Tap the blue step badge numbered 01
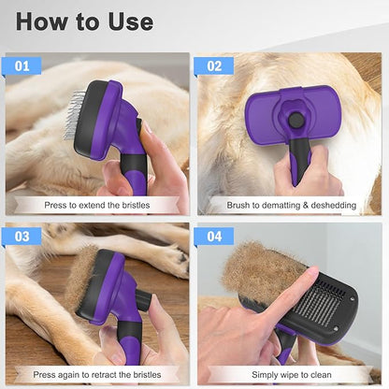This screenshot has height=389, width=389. click(22, 65)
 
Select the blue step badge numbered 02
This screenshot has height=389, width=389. click(214, 65)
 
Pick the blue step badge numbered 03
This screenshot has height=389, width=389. click(22, 237)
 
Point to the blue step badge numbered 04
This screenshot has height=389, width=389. click(214, 237)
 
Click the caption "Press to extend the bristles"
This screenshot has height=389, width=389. click(98, 204)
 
